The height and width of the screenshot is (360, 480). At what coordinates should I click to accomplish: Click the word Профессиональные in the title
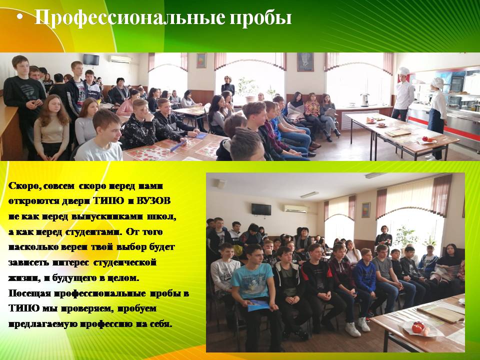coord(130,17)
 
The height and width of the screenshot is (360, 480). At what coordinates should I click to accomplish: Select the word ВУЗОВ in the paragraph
coord(153,201)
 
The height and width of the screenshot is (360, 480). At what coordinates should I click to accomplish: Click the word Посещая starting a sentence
coord(29,293)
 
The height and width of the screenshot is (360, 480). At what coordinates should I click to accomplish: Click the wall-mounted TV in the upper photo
coord(91,59)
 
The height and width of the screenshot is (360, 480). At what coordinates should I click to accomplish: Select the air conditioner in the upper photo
coord(120,59)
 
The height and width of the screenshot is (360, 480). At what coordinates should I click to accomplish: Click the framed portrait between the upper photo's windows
coord(305,61)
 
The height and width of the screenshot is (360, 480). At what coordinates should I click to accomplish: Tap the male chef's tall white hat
coord(404,71)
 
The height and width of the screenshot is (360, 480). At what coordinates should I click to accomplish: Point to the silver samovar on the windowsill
coord(365,100)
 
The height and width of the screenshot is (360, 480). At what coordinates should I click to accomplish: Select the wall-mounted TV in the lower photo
coord(261,209)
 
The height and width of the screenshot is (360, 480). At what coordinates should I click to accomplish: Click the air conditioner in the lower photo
coord(295,209)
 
